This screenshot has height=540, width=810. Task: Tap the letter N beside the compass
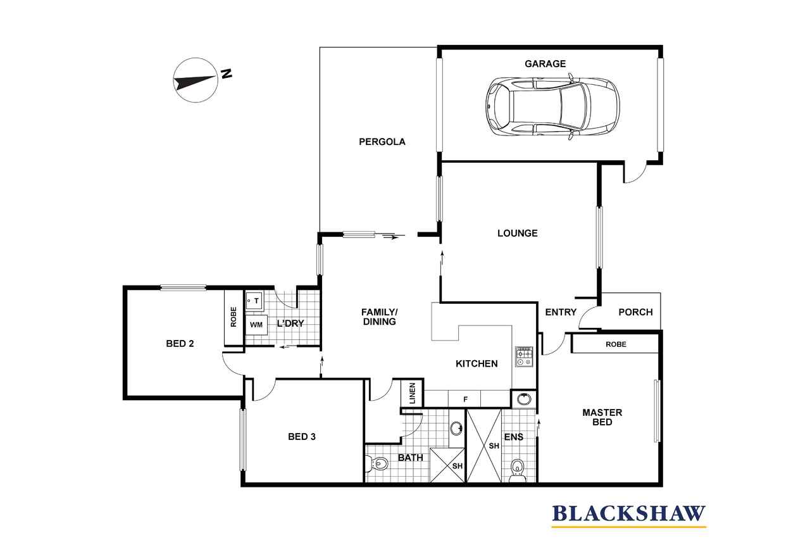(226, 74)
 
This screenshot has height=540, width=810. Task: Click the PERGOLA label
(382, 142)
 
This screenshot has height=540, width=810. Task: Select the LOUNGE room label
(518, 234)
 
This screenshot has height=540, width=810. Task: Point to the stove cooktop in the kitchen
(524, 356)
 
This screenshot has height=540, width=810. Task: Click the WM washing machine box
(256, 325)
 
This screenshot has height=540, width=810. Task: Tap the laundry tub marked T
(254, 301)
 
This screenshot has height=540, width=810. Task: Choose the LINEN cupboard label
(412, 393)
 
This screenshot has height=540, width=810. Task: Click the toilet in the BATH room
(376, 463)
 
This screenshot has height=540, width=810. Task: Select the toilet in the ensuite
(518, 471)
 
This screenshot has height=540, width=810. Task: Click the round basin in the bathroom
(456, 428)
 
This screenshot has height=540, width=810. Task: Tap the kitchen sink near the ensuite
(523, 399)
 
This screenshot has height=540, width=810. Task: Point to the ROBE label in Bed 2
(234, 317)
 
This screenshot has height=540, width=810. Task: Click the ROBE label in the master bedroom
(616, 344)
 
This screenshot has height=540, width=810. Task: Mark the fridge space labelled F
(465, 399)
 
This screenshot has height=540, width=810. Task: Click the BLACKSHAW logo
(629, 515)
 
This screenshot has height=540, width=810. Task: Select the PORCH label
(635, 312)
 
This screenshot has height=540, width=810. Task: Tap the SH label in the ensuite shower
(494, 446)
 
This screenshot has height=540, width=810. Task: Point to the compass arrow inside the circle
(194, 82)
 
